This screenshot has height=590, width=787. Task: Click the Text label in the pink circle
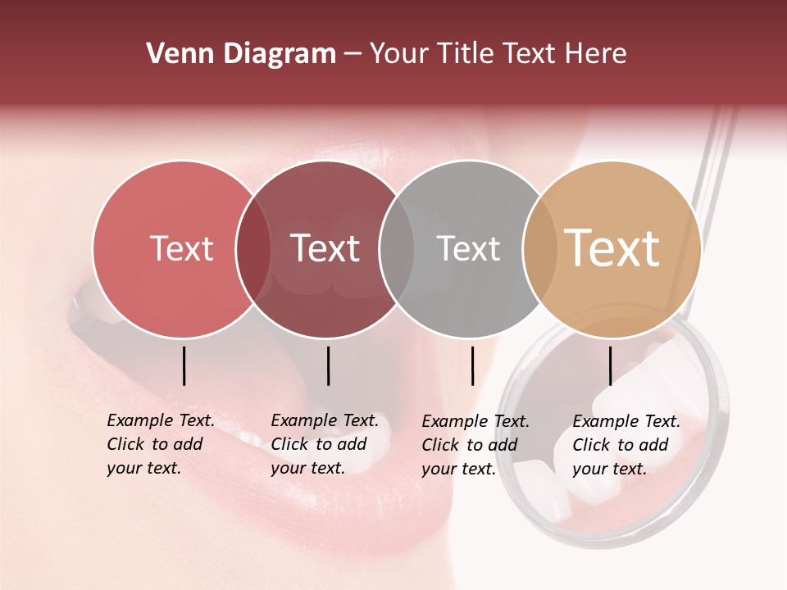(x=181, y=249)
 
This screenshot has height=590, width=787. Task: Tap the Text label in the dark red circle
(x=325, y=249)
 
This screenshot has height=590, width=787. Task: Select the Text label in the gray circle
(x=468, y=249)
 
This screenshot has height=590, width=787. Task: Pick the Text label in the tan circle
(x=612, y=249)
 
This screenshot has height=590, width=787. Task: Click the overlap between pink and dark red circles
(x=253, y=249)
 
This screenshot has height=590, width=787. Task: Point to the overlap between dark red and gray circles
(x=397, y=249)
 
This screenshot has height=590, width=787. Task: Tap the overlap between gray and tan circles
(x=539, y=249)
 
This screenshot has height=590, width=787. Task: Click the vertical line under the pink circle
(x=184, y=365)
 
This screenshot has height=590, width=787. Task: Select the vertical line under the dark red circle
(x=328, y=365)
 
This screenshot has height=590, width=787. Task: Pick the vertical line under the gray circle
(x=472, y=365)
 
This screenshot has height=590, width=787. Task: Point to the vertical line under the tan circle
(x=610, y=365)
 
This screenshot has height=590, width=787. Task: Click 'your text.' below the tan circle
(x=609, y=469)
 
